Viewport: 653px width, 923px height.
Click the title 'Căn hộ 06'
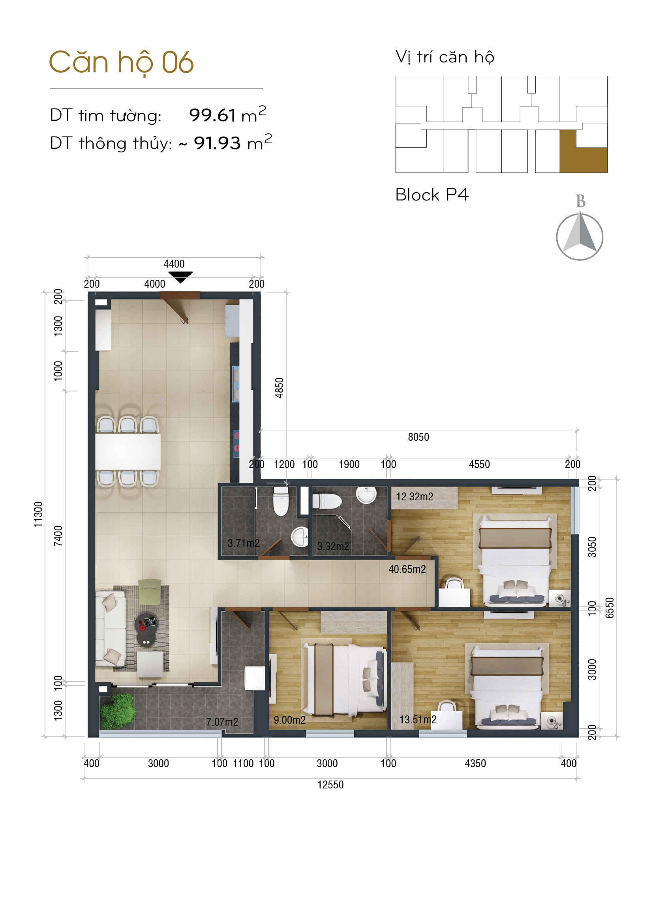point(121,63)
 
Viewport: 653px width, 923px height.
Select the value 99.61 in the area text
point(212,115)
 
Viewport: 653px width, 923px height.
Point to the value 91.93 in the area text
point(217,143)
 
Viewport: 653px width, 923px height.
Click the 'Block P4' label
point(432,195)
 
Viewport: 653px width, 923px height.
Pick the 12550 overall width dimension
point(330,785)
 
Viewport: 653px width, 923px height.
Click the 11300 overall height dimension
point(38,515)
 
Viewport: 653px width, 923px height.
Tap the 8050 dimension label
point(418,437)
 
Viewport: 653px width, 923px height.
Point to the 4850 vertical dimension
point(280,388)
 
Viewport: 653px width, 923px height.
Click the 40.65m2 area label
point(407,569)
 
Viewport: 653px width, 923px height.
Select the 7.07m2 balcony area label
point(222,722)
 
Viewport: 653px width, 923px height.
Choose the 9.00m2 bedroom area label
point(289,720)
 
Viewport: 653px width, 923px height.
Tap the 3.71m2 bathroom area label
point(244,543)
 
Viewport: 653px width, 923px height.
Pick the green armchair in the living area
point(150,592)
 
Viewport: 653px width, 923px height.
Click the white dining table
point(128,451)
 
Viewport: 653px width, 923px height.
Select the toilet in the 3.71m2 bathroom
point(281,501)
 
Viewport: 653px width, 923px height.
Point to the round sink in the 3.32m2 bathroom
point(367,495)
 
